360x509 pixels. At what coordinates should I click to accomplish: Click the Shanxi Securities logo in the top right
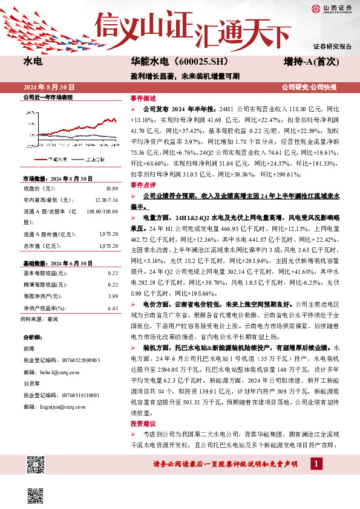[x=330, y=8]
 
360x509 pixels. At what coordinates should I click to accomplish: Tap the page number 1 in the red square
[x=316, y=463]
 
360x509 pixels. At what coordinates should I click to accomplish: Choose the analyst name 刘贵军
[x=31, y=383]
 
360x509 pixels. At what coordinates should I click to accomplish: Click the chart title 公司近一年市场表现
[x=47, y=97]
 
